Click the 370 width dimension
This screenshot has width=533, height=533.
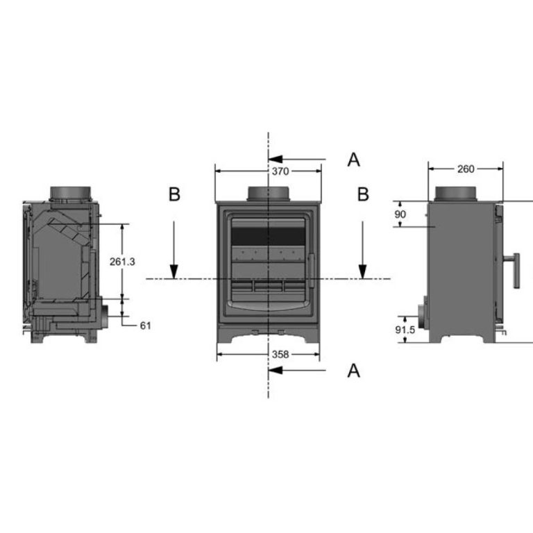pos(280,171)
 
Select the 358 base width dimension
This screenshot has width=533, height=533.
pos(280,355)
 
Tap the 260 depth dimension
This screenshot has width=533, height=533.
pos(466,169)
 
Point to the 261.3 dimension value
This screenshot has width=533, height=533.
pos(122,262)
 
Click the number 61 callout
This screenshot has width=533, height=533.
pos(146,325)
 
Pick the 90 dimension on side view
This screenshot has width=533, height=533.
pos(400,214)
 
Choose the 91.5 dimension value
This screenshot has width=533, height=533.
pos(405,330)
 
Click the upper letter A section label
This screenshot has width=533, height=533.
pos(353,160)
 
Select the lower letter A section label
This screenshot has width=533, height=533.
pos(353,371)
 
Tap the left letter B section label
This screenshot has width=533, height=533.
pos(174,194)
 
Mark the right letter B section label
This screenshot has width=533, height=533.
pos(363,194)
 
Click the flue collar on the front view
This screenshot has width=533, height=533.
pos(269,194)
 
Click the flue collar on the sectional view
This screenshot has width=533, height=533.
pos(71,194)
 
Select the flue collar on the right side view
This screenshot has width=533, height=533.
pos(457,194)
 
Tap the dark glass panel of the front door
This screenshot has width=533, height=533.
pos(268,237)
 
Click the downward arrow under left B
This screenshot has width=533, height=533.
pos(174,250)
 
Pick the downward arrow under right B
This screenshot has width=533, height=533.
pos(363,250)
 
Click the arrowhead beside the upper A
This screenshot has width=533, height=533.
pos(276,159)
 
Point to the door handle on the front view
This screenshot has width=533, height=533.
pos(311,271)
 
